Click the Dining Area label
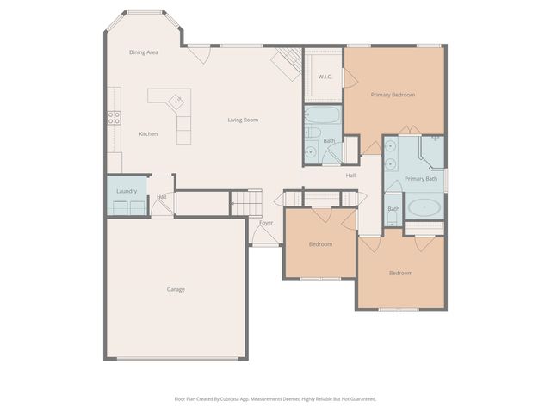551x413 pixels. [x=144, y=52]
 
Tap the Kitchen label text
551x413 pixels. [x=148, y=133]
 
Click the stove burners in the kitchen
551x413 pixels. [x=114, y=119]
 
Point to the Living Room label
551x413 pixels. [x=243, y=120]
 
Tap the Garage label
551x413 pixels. [x=176, y=289]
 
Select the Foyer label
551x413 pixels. [x=266, y=223]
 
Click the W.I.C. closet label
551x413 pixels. [x=325, y=77]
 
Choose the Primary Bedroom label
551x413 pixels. [x=393, y=94]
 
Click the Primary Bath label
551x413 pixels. [x=421, y=178]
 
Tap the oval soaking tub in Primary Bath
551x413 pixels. [x=423, y=207]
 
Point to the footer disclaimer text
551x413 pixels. [x=275, y=398]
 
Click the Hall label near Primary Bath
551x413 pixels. [x=350, y=176]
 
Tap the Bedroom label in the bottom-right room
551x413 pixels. [x=400, y=273]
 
